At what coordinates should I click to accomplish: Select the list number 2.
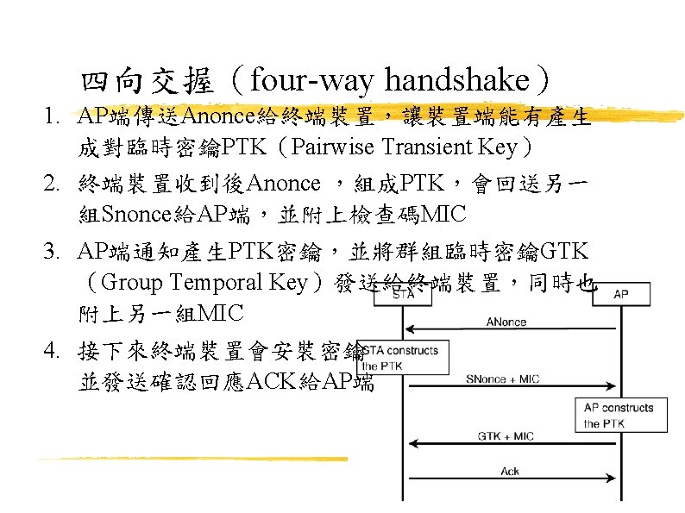[x=52, y=183]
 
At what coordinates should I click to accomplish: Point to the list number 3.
[x=52, y=251]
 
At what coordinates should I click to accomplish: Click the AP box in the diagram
[x=620, y=294]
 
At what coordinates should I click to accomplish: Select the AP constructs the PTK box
[x=619, y=415]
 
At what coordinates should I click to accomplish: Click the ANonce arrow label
[x=506, y=322]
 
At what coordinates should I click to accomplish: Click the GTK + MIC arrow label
[x=506, y=436]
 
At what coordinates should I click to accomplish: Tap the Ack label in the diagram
[x=510, y=471]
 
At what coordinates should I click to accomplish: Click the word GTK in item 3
[x=562, y=251]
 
